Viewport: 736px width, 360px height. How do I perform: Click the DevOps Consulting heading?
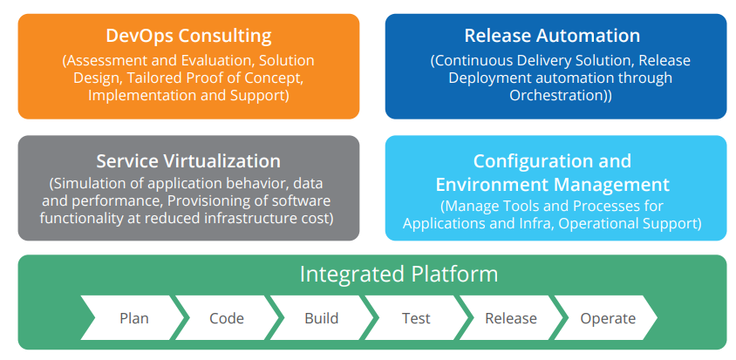tap(188, 36)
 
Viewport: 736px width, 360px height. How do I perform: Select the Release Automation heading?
tap(552, 36)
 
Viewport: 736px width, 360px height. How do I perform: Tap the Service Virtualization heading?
tap(188, 161)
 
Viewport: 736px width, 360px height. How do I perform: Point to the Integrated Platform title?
tap(399, 274)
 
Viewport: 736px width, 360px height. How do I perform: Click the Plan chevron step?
tap(133, 318)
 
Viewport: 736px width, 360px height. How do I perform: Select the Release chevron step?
tap(512, 318)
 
